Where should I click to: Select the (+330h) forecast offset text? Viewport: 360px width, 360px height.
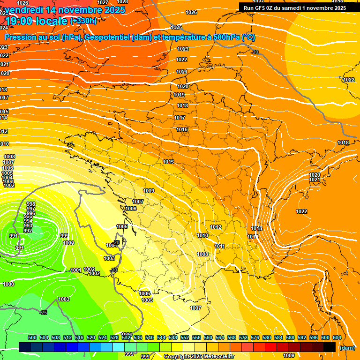(x=83, y=21)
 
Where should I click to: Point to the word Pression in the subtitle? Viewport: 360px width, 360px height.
(x=22, y=37)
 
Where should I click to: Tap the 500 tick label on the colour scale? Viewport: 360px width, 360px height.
(x=32, y=337)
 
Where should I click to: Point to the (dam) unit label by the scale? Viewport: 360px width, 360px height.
(x=347, y=348)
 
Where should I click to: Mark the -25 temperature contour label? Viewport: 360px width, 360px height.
(x=43, y=313)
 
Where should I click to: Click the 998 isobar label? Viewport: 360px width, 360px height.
(x=31, y=204)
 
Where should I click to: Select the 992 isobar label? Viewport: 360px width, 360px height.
(x=28, y=231)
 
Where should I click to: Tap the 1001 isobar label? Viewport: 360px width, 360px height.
(x=75, y=270)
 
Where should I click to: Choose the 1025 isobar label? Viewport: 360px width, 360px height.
(x=176, y=28)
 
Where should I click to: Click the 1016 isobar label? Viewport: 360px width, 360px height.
(x=182, y=129)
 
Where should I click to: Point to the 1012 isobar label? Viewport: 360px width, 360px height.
(x=216, y=227)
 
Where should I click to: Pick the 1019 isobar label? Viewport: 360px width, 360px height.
(x=179, y=95)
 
